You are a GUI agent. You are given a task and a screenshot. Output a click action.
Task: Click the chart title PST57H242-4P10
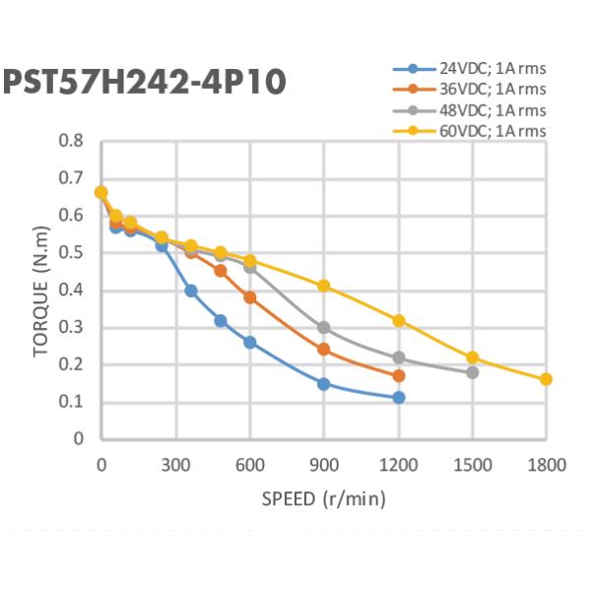coord(145,81)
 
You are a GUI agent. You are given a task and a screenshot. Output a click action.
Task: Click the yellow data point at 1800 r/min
coord(547,379)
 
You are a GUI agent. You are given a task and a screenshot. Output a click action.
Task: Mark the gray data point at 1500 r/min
coord(473,372)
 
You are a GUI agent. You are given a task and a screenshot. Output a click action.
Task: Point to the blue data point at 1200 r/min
coord(399,397)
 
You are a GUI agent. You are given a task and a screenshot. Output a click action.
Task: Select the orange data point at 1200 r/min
coord(399,375)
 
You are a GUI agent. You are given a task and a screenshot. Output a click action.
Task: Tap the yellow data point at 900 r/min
coord(324,286)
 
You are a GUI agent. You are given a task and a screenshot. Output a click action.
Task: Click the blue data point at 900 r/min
coord(324,383)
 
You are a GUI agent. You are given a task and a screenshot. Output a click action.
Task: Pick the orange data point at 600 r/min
coord(250,297)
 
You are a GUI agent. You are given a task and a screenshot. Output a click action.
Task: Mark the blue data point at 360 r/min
coord(191,291)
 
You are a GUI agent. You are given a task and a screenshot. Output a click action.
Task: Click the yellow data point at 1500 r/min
coord(473,358)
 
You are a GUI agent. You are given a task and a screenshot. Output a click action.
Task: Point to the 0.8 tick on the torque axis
coord(71,141)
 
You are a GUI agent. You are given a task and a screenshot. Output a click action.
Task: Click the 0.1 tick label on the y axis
coord(71,403)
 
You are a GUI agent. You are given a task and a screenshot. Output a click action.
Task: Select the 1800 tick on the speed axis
coord(547,462)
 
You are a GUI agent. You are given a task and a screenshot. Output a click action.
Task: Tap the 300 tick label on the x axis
coord(175,462)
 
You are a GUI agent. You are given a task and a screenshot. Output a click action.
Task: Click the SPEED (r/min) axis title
coord(323,498)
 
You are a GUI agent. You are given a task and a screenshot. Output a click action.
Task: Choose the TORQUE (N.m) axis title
coord(39,291)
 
